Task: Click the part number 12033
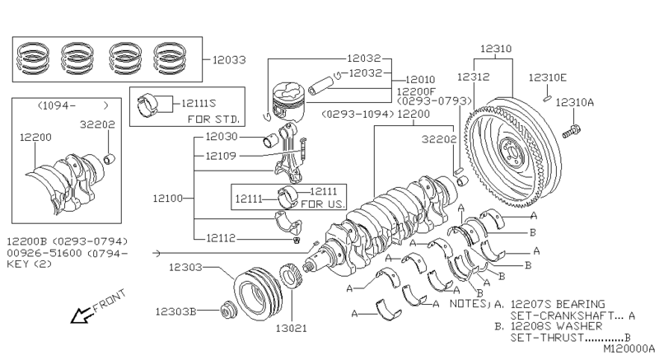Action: [229, 60]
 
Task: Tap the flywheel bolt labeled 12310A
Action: [571, 131]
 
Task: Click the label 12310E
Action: [547, 77]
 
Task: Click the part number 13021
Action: [292, 329]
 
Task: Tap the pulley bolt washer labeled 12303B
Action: [229, 311]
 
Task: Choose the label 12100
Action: [168, 199]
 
